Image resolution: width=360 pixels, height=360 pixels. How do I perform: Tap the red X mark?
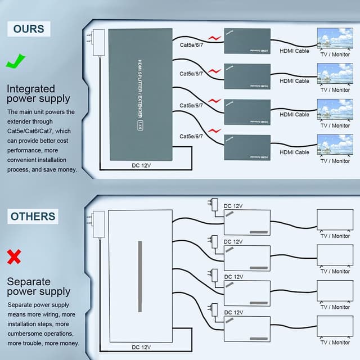pyautogui.click(x=15, y=258)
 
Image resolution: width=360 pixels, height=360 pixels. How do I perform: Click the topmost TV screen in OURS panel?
pyautogui.click(x=335, y=39)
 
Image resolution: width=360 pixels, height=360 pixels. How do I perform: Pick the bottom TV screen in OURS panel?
pyautogui.click(x=335, y=145)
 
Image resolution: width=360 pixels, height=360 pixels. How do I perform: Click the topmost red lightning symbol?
pyautogui.click(x=214, y=38)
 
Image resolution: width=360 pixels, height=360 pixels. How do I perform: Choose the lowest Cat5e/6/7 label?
pyautogui.click(x=191, y=137)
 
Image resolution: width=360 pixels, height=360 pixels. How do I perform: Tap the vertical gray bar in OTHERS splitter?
pyautogui.click(x=140, y=276)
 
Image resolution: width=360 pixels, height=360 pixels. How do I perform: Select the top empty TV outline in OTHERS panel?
pyautogui.click(x=335, y=220)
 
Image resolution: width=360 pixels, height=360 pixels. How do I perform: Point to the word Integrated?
pyautogui.click(x=31, y=89)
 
